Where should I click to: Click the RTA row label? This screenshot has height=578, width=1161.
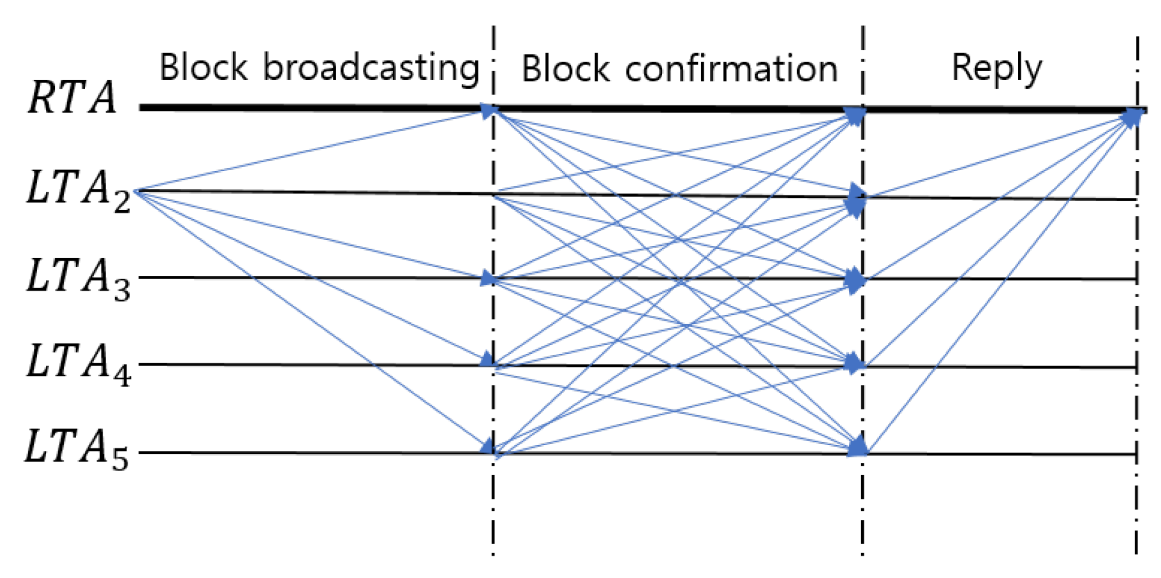72,98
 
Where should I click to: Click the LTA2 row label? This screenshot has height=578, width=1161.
78,190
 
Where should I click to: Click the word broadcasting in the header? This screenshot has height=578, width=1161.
371,68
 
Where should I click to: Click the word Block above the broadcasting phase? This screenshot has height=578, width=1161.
203,67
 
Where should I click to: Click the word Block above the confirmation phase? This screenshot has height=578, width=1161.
566,69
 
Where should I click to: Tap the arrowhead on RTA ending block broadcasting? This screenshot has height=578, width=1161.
489,111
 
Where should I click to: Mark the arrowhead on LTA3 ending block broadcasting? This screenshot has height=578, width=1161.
488,278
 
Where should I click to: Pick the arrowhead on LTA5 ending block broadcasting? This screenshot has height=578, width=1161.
487,445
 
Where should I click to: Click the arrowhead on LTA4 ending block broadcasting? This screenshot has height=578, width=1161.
487,360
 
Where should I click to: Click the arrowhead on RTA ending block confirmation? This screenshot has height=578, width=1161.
855,116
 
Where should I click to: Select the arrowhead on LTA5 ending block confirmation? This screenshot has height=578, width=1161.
857,446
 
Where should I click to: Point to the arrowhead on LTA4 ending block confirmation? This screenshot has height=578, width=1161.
854,364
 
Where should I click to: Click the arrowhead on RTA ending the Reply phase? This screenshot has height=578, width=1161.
1132,117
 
